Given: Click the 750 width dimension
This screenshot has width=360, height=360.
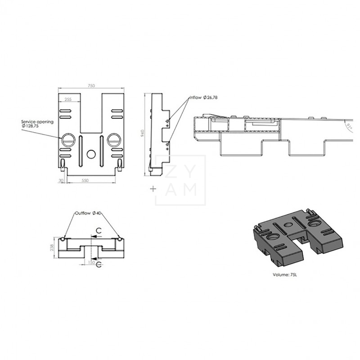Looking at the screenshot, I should [91, 85].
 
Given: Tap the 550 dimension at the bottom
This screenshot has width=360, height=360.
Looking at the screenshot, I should [91, 180].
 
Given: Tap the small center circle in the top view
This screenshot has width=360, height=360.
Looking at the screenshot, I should [91, 154].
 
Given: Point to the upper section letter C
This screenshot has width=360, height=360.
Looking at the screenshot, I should [98, 230].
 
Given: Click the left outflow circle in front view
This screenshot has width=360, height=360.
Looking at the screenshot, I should [65, 238].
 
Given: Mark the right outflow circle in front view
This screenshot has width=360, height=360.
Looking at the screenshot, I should [119, 238].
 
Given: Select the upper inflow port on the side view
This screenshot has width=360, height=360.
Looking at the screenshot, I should [167, 121].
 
